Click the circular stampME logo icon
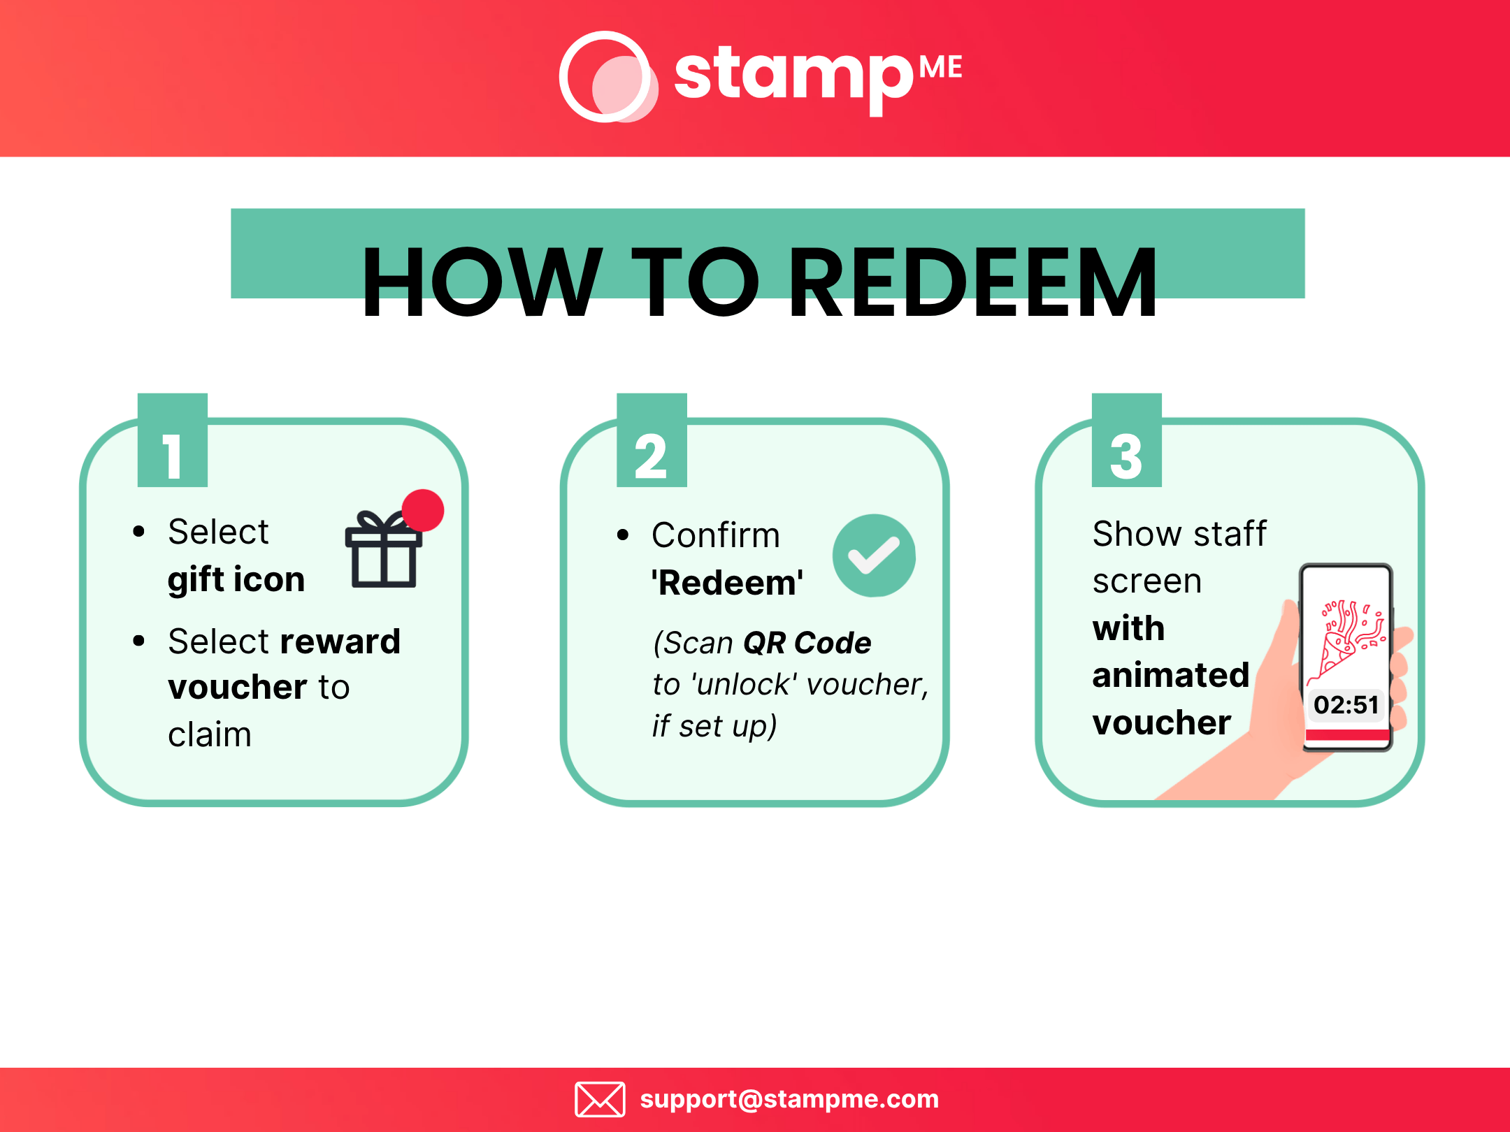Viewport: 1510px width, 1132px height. pyautogui.click(x=607, y=77)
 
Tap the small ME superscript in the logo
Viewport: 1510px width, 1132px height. pyautogui.click(x=940, y=68)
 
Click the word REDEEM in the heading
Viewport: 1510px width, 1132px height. pyautogui.click(x=972, y=283)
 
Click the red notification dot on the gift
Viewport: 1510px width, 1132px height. pyautogui.click(x=423, y=510)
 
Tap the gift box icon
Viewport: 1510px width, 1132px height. pyautogui.click(x=383, y=552)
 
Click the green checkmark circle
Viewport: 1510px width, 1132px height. pyautogui.click(x=874, y=556)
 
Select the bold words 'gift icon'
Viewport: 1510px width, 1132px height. pyautogui.click(x=236, y=580)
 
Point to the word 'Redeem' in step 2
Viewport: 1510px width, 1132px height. pyautogui.click(x=727, y=583)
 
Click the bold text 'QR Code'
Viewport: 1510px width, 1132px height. pyautogui.click(x=807, y=643)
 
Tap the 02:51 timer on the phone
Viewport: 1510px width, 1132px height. pyautogui.click(x=1346, y=704)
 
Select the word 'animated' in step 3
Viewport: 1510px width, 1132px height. pyautogui.click(x=1171, y=676)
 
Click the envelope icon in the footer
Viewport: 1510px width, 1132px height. pyautogui.click(x=600, y=1099)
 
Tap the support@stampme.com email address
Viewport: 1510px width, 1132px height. pyautogui.click(x=789, y=1099)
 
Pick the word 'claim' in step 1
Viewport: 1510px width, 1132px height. pyautogui.click(x=210, y=735)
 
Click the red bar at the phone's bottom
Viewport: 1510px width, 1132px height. pyautogui.click(x=1347, y=734)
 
